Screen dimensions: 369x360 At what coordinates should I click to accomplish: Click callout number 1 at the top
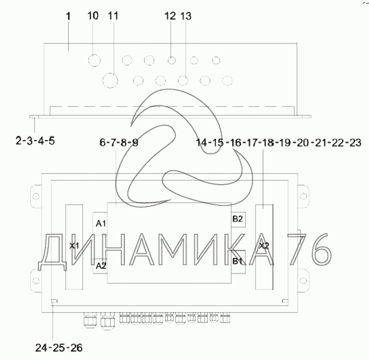coord(68,16)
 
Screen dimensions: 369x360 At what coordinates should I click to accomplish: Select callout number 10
coord(93,16)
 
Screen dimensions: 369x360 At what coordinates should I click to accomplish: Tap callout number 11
coord(113,16)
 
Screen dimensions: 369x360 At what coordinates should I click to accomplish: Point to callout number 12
coord(170,16)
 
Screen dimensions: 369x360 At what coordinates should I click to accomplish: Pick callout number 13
coord(186,16)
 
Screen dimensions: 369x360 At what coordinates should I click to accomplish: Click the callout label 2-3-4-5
coord(35,141)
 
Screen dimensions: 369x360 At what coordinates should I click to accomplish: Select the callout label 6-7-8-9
coord(119,142)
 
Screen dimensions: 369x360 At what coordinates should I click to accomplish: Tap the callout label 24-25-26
coord(59,348)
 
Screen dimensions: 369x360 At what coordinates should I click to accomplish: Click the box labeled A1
coord(100,223)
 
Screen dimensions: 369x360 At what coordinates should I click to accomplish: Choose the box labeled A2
coord(100,266)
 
